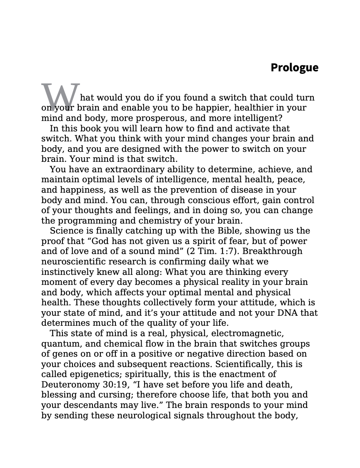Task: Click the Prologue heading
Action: (294, 68)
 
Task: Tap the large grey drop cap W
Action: (60, 97)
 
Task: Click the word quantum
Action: (58, 344)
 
